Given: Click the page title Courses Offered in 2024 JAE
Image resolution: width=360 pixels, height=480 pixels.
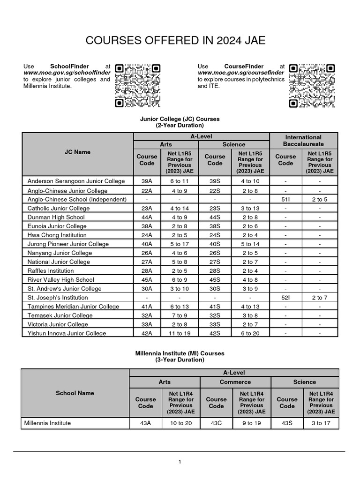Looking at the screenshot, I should pyautogui.click(x=175, y=41).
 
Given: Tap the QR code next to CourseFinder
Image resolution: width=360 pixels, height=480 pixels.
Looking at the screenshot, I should pyautogui.click(x=311, y=85).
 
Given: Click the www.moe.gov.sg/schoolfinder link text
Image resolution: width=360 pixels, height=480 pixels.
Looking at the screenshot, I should pyautogui.click(x=67, y=73).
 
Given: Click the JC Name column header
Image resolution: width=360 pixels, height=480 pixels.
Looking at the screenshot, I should pyautogui.click(x=78, y=152).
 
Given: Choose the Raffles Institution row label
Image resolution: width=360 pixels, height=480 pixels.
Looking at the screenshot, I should pyautogui.click(x=51, y=270).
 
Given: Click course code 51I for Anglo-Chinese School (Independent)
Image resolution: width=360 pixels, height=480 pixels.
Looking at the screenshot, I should pyautogui.click(x=285, y=199).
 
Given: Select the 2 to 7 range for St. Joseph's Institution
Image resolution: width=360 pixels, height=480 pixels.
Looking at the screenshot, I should pyautogui.click(x=320, y=298).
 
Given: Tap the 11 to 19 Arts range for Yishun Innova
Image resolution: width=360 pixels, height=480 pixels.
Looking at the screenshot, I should pyautogui.click(x=180, y=333).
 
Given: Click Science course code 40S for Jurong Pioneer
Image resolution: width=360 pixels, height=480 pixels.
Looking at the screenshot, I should pyautogui.click(x=215, y=244).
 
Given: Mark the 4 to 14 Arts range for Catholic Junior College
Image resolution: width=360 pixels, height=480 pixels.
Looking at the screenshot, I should pyautogui.click(x=180, y=208).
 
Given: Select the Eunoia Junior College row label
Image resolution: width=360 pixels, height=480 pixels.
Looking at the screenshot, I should pyautogui.click(x=57, y=226).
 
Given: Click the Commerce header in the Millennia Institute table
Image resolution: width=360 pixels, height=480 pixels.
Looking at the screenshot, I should pyautogui.click(x=235, y=382).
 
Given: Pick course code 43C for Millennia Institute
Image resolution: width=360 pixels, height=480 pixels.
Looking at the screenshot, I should pyautogui.click(x=216, y=423).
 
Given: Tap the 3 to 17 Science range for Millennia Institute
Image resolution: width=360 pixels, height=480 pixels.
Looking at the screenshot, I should pyautogui.click(x=321, y=423).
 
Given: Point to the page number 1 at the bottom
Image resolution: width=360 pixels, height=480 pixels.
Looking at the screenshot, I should pyautogui.click(x=180, y=462).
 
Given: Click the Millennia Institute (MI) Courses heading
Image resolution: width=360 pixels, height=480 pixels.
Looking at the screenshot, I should pyautogui.click(x=180, y=353).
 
